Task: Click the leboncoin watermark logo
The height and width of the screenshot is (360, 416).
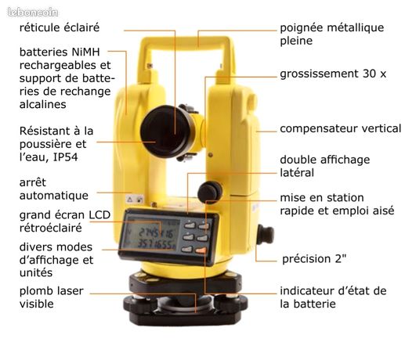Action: click(33, 13)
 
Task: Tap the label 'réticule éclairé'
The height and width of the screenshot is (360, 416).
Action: click(60, 27)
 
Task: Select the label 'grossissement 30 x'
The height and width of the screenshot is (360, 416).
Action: click(333, 74)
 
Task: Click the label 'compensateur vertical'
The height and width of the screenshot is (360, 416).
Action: click(340, 128)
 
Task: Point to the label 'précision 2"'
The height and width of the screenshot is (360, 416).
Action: click(314, 259)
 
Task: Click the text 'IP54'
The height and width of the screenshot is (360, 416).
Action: click(66, 157)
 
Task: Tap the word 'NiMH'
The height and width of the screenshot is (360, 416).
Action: click(85, 52)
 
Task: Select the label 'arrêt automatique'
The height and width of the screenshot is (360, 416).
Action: click(54, 189)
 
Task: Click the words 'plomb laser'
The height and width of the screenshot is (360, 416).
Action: click(52, 291)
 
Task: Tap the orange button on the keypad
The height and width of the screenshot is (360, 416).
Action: click(201, 250)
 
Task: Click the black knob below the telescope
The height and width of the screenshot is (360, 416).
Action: click(210, 193)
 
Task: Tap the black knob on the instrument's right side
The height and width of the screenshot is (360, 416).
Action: click(265, 235)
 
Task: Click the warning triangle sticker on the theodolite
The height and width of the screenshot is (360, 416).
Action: click(129, 200)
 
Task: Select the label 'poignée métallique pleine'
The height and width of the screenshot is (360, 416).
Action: click(332, 34)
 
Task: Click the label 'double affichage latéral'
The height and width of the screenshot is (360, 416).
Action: click(325, 166)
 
